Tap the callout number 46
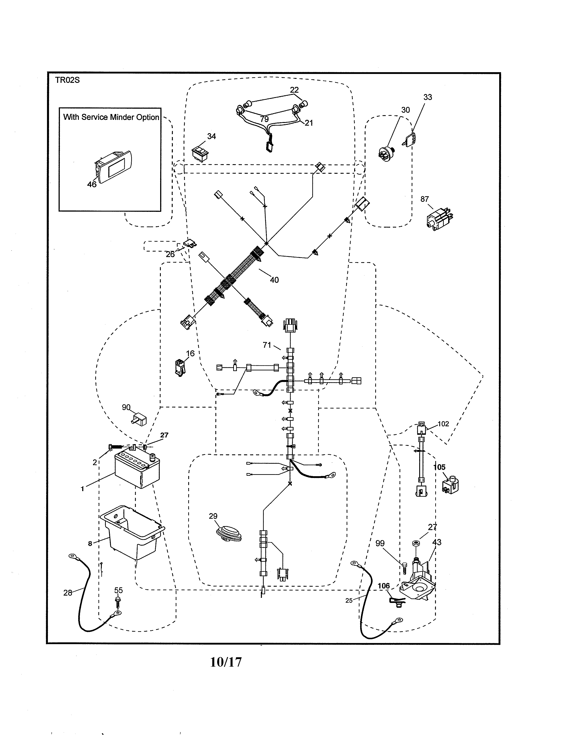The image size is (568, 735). click(92, 184)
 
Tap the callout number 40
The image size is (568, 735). click(274, 280)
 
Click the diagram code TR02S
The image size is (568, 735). click(67, 80)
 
